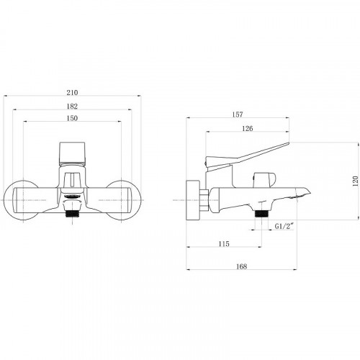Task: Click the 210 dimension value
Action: pyautogui.click(x=72, y=92)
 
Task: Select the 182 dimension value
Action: pyautogui.click(x=72, y=107)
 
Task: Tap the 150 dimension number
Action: pyautogui.click(x=72, y=118)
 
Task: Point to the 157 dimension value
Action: pyautogui.click(x=238, y=114)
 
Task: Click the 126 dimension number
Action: pyautogui.click(x=247, y=128)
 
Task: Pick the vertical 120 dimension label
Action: pyautogui.click(x=356, y=181)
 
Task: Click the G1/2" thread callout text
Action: pyautogui.click(x=284, y=226)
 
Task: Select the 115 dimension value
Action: pyautogui.click(x=224, y=244)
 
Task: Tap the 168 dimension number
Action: pyautogui.click(x=241, y=266)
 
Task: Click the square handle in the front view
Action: pyautogui.click(x=72, y=153)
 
